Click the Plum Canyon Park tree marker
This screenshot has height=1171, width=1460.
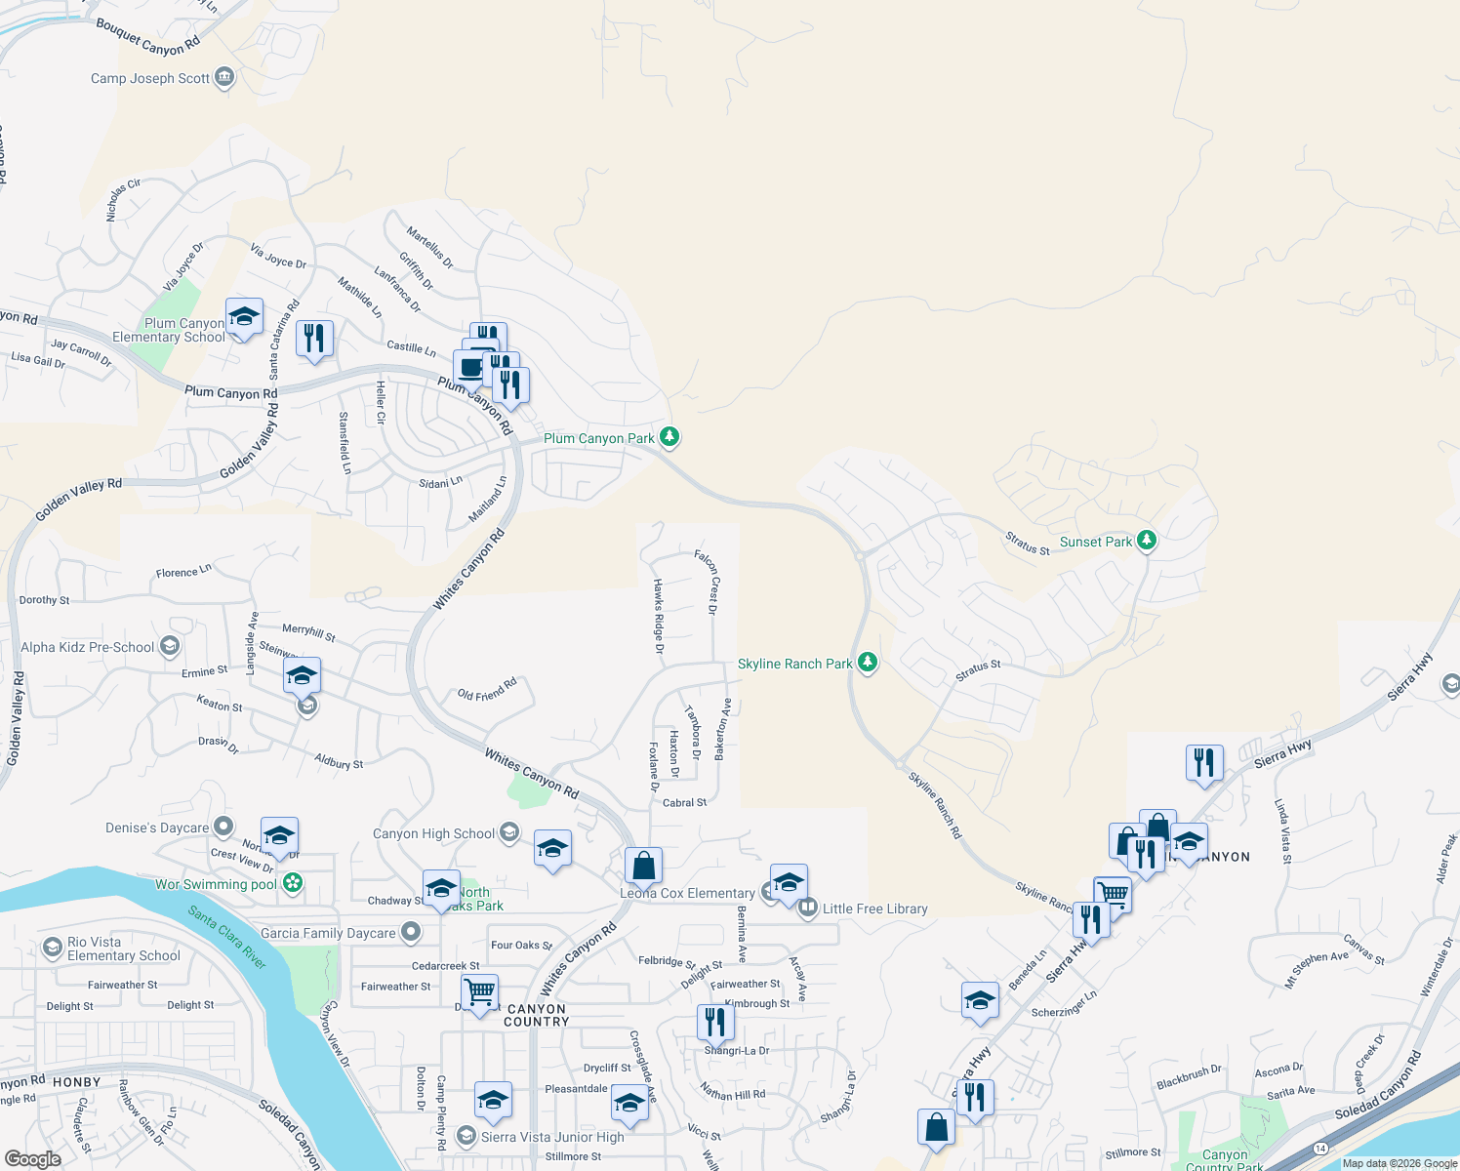click(x=669, y=436)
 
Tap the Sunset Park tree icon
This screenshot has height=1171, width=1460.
click(x=1147, y=540)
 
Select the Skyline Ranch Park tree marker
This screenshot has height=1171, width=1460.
click(x=867, y=663)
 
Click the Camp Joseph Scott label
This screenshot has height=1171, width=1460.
click(x=150, y=78)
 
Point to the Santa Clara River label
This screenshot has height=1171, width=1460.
click(x=227, y=938)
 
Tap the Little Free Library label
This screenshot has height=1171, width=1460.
click(x=874, y=909)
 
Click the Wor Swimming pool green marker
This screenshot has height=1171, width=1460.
click(x=292, y=883)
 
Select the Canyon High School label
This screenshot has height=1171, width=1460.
click(x=434, y=833)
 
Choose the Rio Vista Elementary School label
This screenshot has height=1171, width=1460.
click(x=123, y=949)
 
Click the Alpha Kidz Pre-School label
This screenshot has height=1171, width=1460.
click(x=88, y=647)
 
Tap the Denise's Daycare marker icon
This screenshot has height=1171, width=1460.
click(x=223, y=828)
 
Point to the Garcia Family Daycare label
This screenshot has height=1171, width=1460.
click(x=328, y=933)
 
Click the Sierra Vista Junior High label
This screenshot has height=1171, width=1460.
click(x=552, y=1137)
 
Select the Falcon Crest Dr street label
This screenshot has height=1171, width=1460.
click(x=709, y=582)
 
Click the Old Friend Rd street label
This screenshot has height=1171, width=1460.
click(x=487, y=690)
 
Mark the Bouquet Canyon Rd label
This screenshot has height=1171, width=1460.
click(x=147, y=36)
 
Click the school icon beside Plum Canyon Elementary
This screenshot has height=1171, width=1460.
click(x=244, y=317)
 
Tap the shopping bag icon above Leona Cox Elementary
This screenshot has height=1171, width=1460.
click(x=643, y=866)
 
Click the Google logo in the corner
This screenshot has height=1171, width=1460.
click(x=33, y=1159)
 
